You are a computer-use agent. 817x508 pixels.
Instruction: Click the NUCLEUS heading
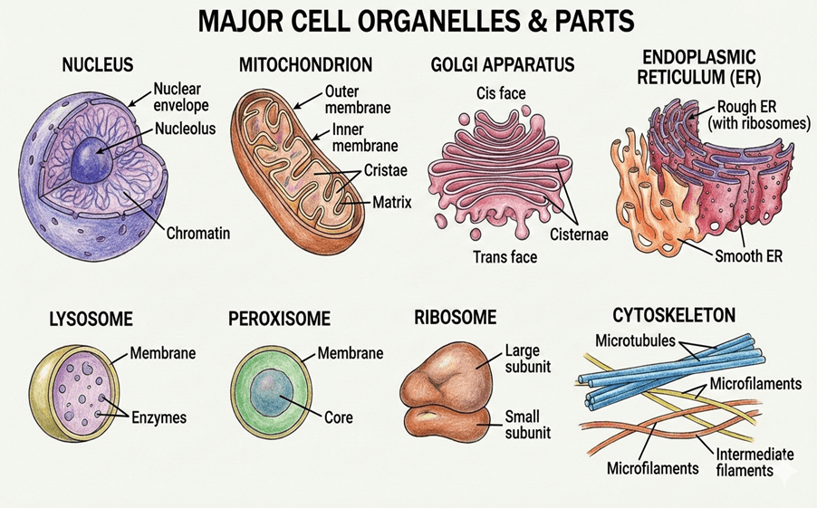tap(97, 65)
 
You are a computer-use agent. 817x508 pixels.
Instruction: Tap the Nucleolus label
tap(185, 129)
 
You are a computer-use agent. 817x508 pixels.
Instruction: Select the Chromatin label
tap(198, 233)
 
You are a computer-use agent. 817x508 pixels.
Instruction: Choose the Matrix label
tap(392, 202)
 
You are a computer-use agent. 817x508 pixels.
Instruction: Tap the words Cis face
tap(500, 93)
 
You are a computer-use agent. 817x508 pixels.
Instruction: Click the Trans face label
tap(505, 257)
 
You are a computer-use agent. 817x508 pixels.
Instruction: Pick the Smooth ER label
tap(748, 256)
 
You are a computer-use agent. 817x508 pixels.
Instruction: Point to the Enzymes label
tap(158, 417)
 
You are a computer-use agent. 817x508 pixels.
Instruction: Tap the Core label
tap(338, 418)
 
